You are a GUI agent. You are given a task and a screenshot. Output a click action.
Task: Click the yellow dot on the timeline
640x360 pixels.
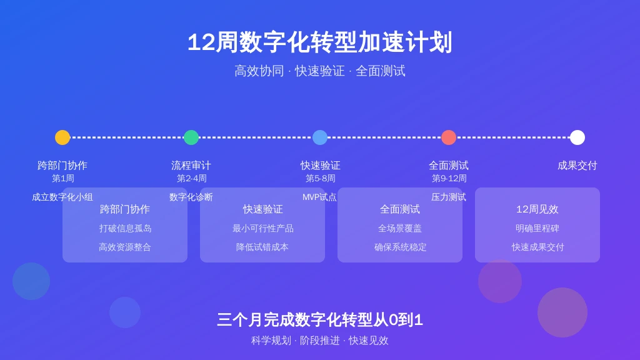tap(62, 137)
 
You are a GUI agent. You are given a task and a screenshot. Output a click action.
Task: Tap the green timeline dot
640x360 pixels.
tap(191, 137)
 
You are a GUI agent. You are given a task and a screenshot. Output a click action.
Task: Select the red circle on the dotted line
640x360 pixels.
tap(449, 137)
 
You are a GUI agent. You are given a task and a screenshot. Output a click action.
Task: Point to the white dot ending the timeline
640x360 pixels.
tap(577, 137)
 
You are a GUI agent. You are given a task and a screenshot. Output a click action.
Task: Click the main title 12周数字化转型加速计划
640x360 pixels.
tap(320, 42)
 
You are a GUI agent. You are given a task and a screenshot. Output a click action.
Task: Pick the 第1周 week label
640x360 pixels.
tap(63, 178)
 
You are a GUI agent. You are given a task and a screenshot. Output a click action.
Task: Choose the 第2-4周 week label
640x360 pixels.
tap(191, 178)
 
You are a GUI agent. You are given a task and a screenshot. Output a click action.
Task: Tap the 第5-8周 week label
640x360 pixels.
tap(321, 178)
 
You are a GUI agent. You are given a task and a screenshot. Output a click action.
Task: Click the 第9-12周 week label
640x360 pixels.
tap(449, 178)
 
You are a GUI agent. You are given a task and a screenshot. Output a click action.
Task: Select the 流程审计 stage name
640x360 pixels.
tap(191, 165)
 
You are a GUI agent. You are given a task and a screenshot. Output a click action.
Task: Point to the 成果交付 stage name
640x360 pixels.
tap(577, 165)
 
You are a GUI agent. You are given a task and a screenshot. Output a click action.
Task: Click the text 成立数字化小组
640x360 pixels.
tap(62, 197)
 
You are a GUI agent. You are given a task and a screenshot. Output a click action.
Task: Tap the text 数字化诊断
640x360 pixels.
tap(191, 197)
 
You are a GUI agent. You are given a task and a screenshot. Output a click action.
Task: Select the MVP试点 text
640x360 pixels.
tap(319, 197)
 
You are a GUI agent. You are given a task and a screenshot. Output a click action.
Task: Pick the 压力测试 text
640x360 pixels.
tap(449, 197)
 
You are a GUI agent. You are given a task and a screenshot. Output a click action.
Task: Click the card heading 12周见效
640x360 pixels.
tap(537, 209)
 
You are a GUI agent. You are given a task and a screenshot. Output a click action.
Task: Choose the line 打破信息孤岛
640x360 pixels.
tap(125, 229)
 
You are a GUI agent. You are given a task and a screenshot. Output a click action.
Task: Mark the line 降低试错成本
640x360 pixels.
tap(262, 247)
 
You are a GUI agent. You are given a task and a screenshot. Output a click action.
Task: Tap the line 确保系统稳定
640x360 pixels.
tap(400, 247)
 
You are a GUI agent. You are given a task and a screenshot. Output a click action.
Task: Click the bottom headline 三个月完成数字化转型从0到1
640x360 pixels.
tap(320, 319)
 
